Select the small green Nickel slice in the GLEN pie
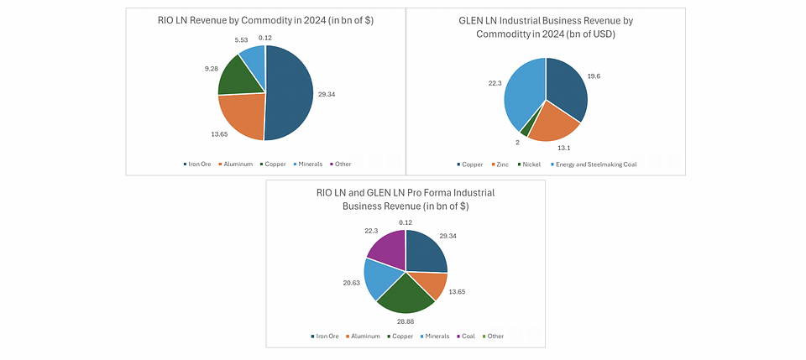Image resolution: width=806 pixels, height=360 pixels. pos(525,131)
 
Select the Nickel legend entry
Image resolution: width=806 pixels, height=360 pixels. pos(531,164)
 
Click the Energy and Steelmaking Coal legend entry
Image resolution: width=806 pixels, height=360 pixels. pos(595,164)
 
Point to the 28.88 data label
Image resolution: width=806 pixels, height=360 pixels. pos(406,321)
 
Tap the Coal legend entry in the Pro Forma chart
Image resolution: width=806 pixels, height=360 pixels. pos(466,337)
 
